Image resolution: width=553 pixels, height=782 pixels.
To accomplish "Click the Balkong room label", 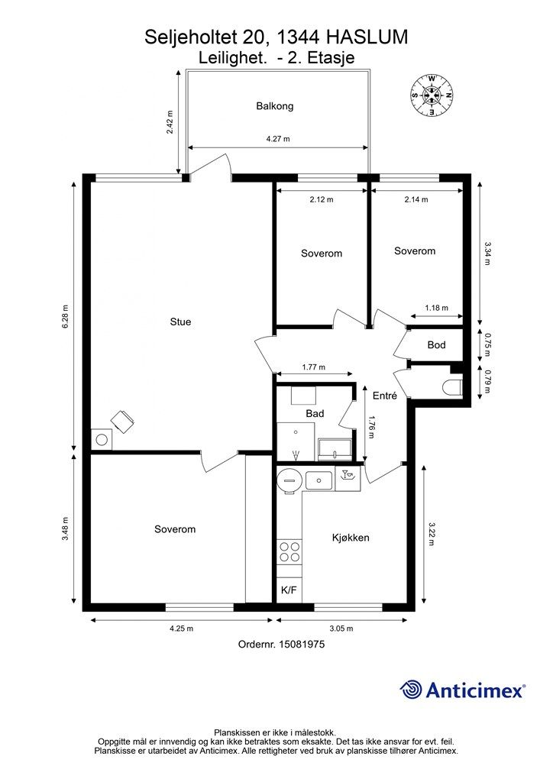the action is click(x=275, y=106).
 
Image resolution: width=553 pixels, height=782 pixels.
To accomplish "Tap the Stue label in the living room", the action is click(x=180, y=322).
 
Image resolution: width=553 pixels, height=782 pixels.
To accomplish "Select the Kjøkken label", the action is click(x=351, y=538).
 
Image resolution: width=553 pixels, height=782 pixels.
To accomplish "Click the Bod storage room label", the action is click(x=436, y=344).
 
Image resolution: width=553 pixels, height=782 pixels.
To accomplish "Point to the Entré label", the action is click(x=385, y=396).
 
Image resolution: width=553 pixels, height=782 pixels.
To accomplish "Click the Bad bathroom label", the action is click(x=315, y=413).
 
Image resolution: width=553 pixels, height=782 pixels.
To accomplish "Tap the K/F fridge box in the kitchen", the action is click(x=289, y=590).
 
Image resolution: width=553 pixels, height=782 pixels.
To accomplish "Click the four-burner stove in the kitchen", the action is click(x=289, y=551).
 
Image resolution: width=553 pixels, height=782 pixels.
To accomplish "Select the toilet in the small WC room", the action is click(x=453, y=388).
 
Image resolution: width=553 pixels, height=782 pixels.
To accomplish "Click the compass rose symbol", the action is click(x=432, y=95).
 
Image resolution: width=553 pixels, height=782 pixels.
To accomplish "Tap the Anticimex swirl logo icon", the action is click(x=411, y=690).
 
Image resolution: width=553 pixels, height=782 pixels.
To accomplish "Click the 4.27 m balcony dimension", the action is click(x=278, y=139).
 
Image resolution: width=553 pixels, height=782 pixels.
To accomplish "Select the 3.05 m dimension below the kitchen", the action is click(x=341, y=629).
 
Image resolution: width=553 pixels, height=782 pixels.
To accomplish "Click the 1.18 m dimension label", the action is click(x=436, y=308).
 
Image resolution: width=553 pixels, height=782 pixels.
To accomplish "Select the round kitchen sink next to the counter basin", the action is click(x=289, y=480).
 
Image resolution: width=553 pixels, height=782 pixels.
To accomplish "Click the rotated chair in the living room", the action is click(x=123, y=422).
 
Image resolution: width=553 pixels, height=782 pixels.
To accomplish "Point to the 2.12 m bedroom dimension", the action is click(x=321, y=199).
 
